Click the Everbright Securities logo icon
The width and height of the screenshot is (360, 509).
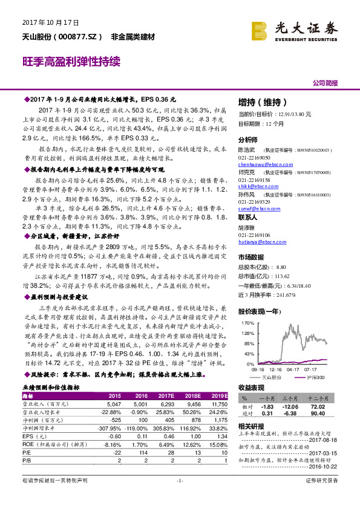[259, 30]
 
